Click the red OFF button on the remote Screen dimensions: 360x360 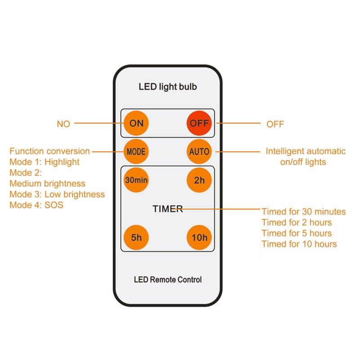pos(199,123)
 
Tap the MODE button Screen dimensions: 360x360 pos(136,151)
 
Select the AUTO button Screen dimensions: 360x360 pos(199,151)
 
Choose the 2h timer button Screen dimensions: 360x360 pos(199,180)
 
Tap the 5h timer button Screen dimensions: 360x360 pos(136,238)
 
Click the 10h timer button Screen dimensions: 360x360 pos(199,238)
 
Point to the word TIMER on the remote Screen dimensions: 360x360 pos(167,209)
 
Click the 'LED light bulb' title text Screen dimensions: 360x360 pos(167,87)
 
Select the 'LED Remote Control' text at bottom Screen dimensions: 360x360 pos(167,279)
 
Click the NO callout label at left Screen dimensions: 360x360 pos(63,124)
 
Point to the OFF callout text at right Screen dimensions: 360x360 pos(275,124)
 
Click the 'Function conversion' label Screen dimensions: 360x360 pos(49,151)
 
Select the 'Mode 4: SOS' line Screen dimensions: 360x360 pos(36,205)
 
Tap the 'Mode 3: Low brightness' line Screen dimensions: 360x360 pos(57,194)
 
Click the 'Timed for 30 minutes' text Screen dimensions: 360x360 pos(304,211)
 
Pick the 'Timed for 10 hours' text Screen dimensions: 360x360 pos(299,244)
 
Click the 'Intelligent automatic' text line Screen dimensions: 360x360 pos(306,151)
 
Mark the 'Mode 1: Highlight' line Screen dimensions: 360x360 pos(45,162)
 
